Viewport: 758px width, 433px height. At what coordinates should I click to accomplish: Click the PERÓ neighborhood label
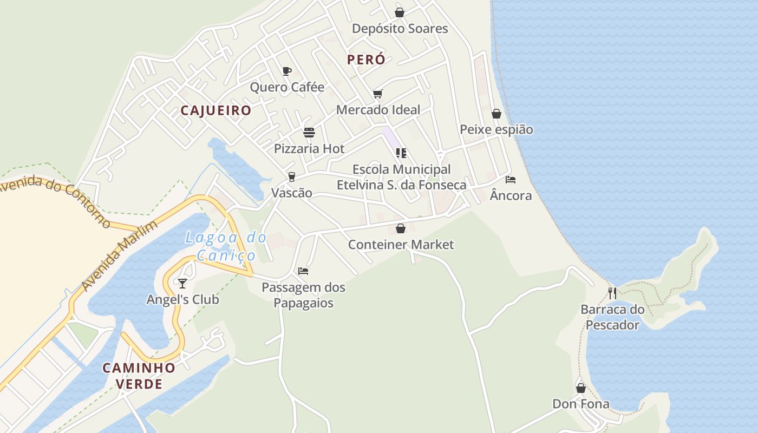coord(366,60)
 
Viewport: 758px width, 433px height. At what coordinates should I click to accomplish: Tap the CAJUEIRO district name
coord(216,110)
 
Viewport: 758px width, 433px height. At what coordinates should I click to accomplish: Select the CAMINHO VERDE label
coord(139,376)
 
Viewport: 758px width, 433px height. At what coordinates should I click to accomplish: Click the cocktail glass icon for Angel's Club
coord(182,283)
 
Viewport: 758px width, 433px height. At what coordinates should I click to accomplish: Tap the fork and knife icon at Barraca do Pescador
coord(612,293)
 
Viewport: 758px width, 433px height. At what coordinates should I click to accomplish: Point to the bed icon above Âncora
coord(510,179)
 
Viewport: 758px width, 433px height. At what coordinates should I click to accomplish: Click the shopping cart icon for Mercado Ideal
coord(378,94)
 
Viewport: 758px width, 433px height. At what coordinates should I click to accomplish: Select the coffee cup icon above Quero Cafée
coord(287,71)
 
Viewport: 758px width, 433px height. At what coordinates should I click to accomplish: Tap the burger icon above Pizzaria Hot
coord(309,133)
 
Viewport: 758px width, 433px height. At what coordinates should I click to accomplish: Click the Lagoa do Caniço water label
coord(226,246)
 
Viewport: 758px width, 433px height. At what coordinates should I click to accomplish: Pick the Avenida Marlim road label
coord(111,257)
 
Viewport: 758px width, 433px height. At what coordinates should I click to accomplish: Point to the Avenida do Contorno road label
coord(54,200)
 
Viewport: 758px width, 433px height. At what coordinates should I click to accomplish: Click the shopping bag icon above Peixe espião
coord(496,114)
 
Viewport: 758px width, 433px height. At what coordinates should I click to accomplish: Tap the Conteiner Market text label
coord(401,245)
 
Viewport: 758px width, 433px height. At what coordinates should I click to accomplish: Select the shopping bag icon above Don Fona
coord(581,388)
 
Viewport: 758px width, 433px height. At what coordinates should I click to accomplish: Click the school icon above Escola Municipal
coord(401,153)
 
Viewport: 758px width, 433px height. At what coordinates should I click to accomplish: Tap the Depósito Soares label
coord(400,29)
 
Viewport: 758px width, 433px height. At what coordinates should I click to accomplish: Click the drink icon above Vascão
coord(291,176)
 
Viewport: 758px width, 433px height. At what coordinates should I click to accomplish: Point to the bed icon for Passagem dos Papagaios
coord(303,271)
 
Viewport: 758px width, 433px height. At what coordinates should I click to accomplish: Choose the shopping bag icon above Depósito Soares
coord(400,12)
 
